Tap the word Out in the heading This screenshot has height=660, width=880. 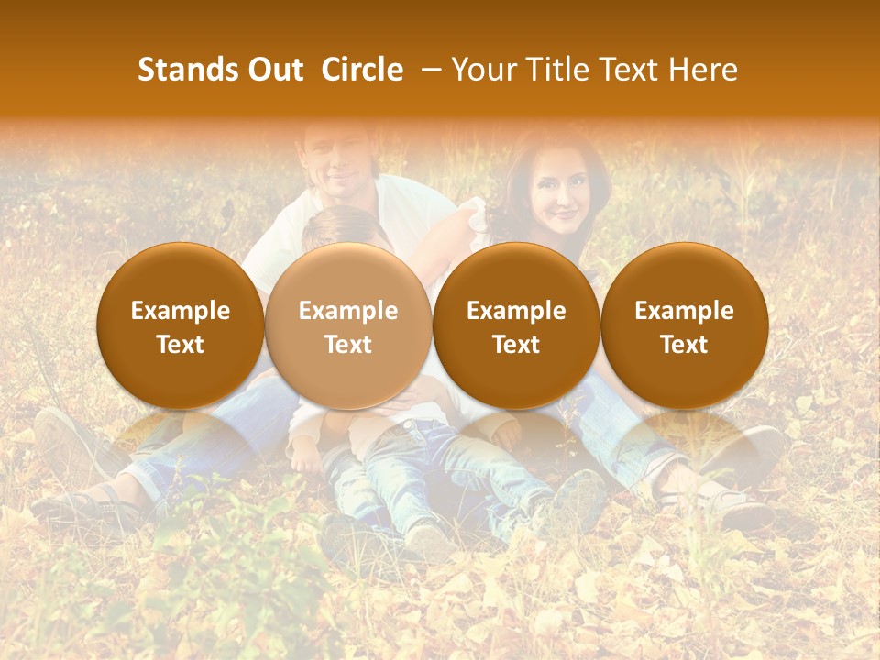point(272,70)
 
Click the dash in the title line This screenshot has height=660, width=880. point(427,70)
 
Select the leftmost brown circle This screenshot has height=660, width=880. point(180,326)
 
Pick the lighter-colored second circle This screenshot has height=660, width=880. point(348,326)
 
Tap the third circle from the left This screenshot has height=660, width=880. point(516,326)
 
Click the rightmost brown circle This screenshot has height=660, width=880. point(684,326)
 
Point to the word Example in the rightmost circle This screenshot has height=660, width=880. point(684,311)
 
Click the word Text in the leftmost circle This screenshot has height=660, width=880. point(180,345)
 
